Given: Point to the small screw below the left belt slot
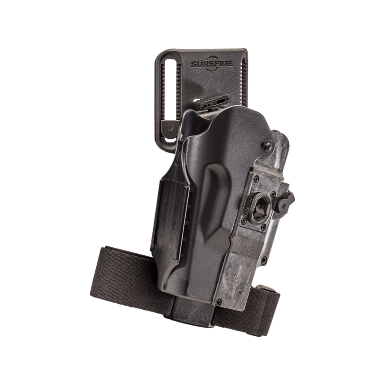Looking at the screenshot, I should pos(170,127).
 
